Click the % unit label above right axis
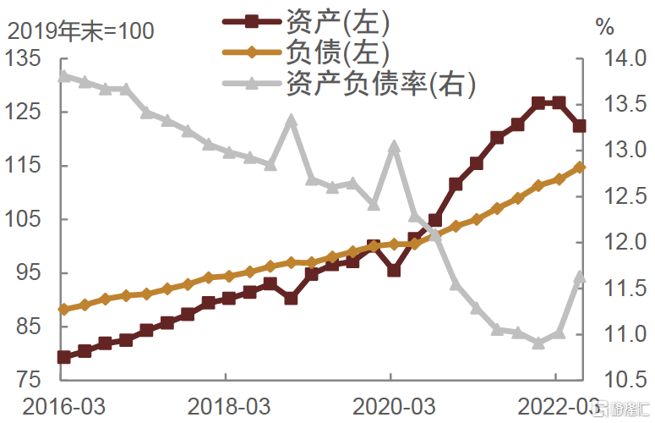(605, 27)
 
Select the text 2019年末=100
(81, 30)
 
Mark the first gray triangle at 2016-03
(63, 76)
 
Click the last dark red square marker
(580, 126)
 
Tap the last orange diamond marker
(580, 168)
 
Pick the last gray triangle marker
(580, 277)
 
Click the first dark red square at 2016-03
(63, 357)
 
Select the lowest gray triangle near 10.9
(538, 343)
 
